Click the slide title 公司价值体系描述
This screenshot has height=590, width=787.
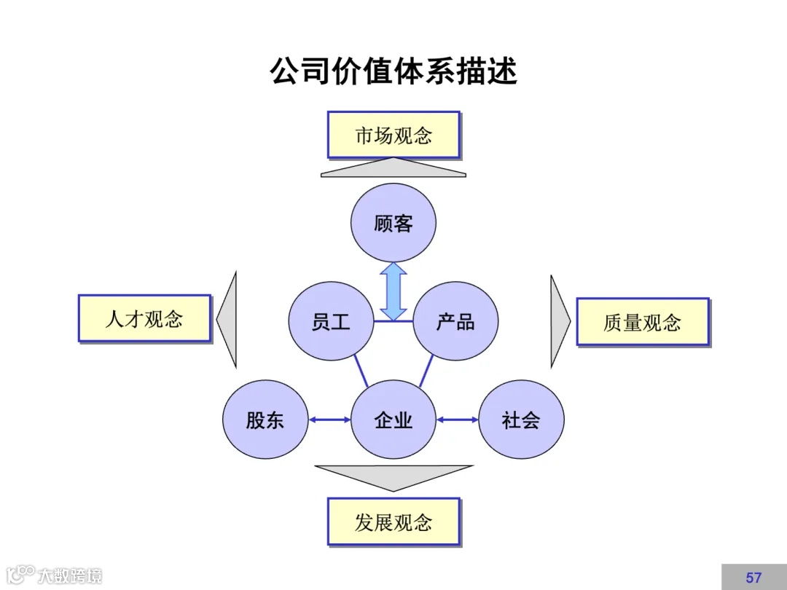[393, 72]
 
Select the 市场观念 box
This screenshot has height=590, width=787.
[393, 135]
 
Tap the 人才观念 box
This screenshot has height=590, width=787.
[144, 318]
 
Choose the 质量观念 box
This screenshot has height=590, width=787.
[642, 321]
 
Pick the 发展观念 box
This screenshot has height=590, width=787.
[393, 521]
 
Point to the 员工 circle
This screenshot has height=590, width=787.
[331, 321]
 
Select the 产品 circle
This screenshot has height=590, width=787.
[455, 321]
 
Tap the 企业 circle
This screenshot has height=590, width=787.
[393, 420]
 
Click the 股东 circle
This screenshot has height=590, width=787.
[265, 420]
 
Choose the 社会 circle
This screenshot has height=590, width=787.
[521, 420]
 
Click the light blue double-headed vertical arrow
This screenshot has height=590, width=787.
[393, 291]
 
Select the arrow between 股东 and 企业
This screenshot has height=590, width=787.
[329, 420]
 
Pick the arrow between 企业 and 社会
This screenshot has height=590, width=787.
[457, 420]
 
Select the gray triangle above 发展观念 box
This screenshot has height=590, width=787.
[393, 476]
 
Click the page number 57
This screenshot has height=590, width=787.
[753, 578]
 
